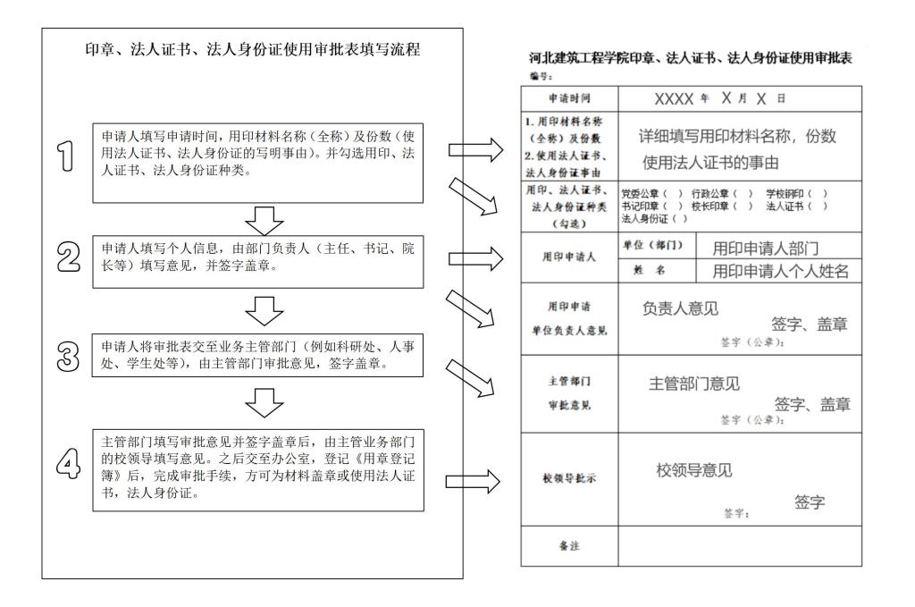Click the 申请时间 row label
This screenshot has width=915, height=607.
[x=568, y=97]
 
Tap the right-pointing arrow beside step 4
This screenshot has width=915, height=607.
[x=469, y=483]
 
